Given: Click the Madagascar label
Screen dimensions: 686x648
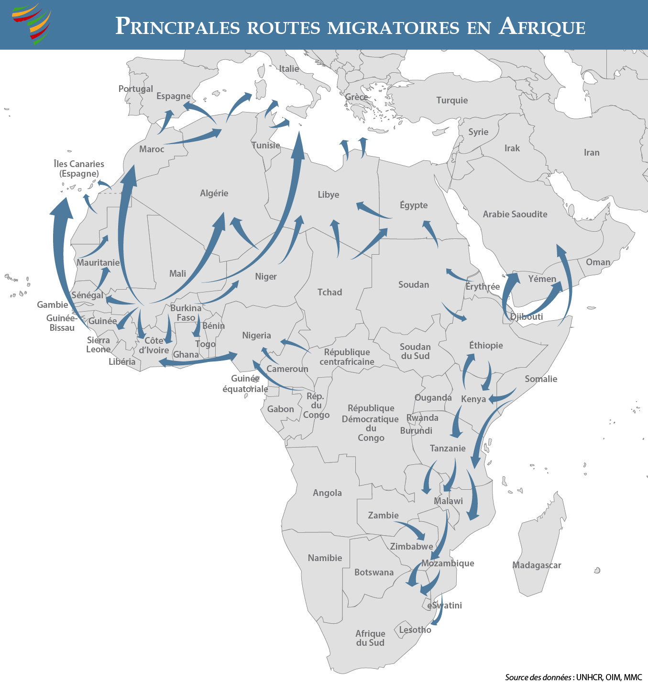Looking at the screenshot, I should [537, 565].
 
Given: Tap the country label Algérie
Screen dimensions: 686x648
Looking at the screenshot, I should [214, 193].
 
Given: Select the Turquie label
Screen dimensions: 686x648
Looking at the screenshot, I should [452, 101].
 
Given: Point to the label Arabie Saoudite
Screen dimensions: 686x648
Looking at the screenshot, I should [515, 214].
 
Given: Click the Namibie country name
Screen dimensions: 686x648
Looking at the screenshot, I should [325, 558].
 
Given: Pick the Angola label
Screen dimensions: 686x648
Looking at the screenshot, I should [327, 493].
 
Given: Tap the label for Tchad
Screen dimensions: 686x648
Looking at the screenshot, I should [329, 292].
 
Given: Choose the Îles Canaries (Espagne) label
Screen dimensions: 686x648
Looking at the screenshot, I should [79, 169].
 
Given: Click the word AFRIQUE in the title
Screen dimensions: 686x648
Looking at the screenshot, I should [542, 27].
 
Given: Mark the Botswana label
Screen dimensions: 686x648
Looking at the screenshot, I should [374, 573].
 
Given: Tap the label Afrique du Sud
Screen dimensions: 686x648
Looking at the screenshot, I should [370, 638].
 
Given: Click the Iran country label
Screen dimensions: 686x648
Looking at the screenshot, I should [592, 153].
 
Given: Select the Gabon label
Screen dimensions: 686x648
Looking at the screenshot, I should [280, 409].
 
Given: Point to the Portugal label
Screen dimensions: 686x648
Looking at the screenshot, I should [136, 89].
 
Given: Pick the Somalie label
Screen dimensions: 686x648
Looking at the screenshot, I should [541, 379].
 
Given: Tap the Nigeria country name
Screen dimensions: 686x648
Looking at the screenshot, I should [256, 336].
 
